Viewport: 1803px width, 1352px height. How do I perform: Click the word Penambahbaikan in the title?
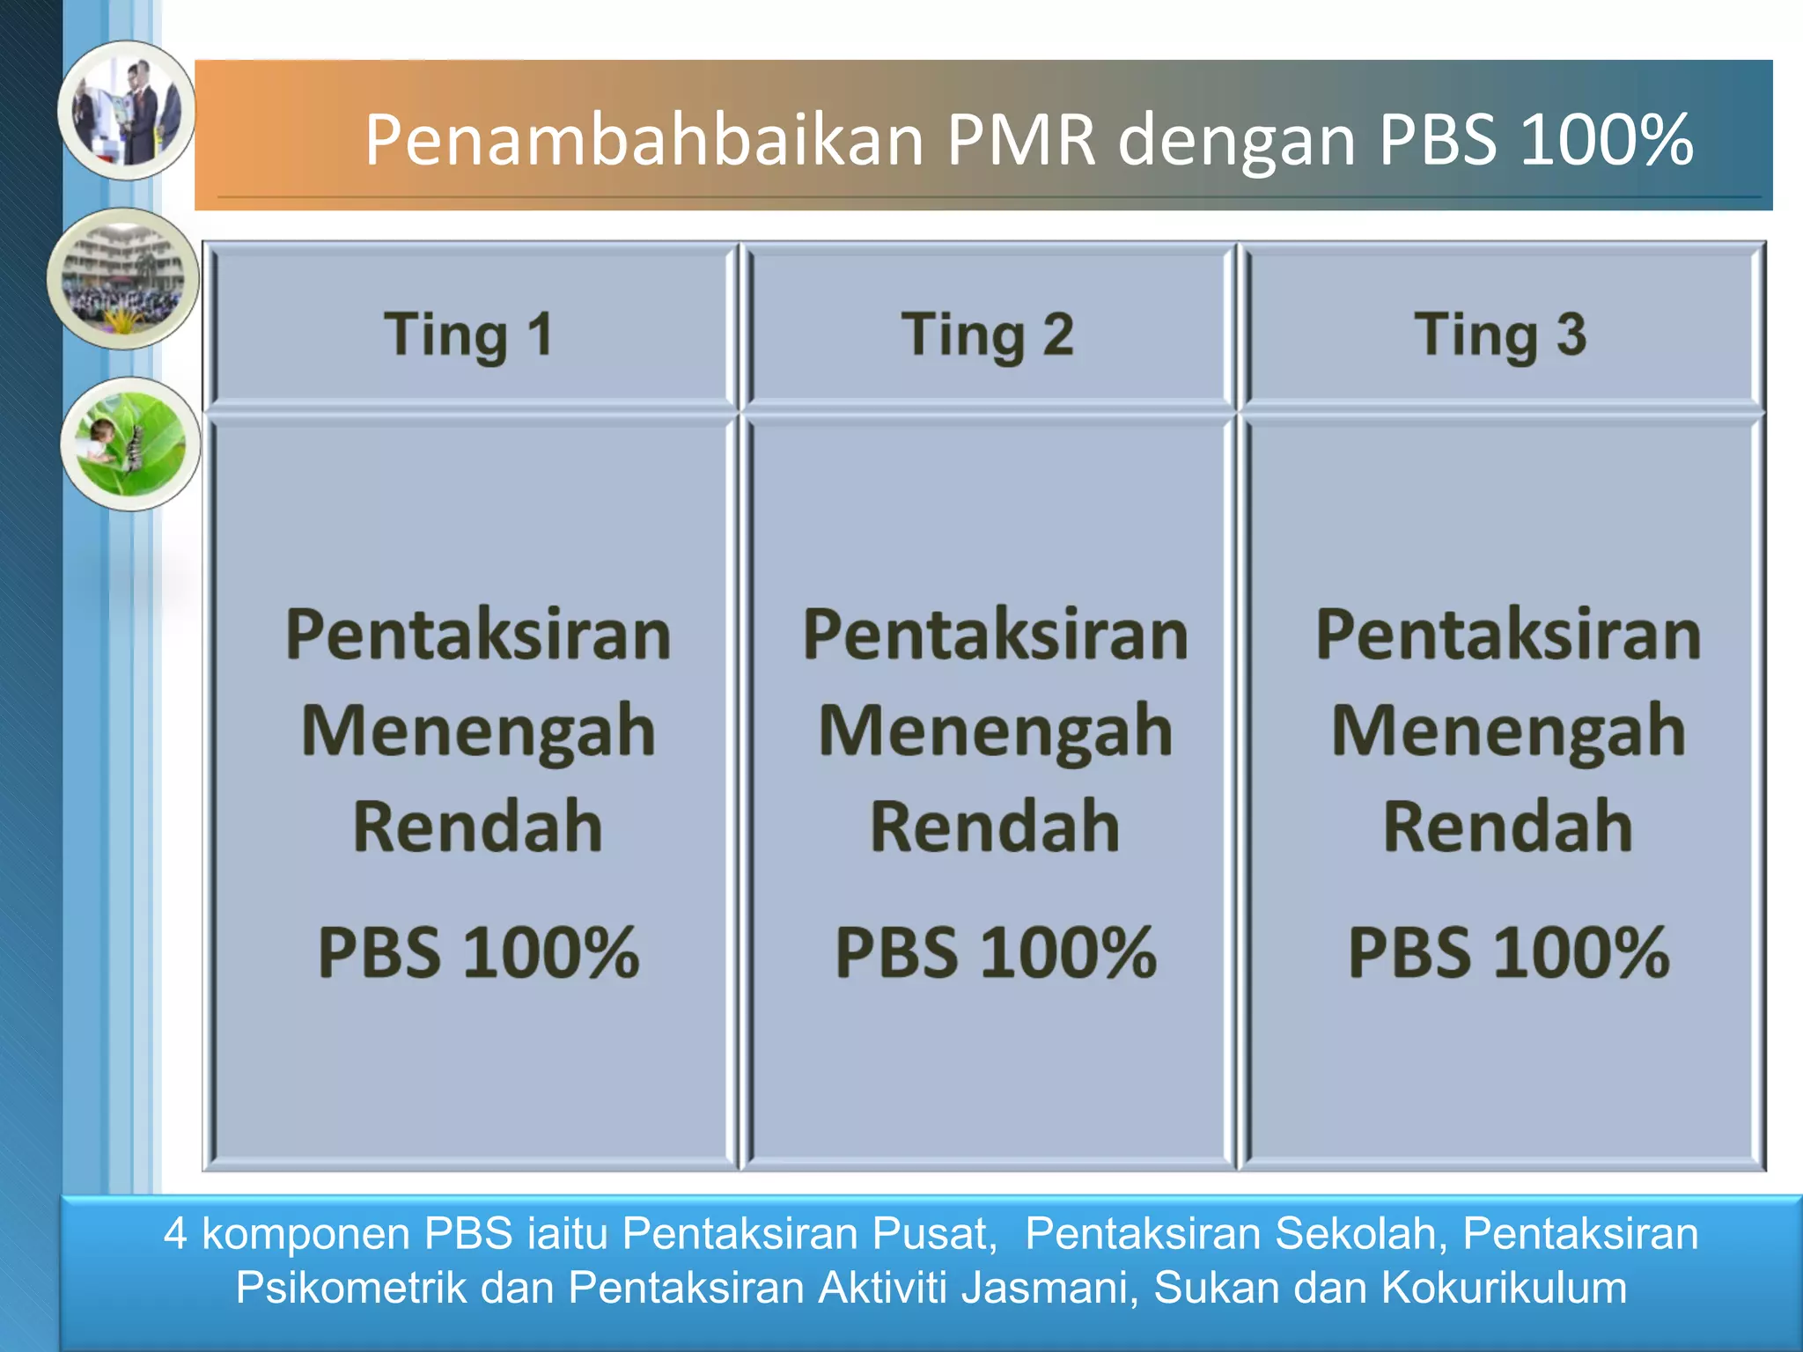click(644, 140)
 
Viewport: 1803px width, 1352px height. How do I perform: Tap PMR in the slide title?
click(1021, 140)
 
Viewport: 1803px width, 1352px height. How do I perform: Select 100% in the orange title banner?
click(1606, 140)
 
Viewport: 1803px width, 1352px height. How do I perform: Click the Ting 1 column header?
click(468, 335)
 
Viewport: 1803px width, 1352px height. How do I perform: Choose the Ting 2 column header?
click(988, 335)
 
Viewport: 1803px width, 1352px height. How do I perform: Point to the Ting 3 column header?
click(1500, 335)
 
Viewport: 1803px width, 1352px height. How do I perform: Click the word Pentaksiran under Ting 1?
click(478, 635)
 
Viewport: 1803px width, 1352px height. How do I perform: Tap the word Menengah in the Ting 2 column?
click(995, 731)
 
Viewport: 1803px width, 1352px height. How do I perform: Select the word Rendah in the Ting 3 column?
click(1507, 827)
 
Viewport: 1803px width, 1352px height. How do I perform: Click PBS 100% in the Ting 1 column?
click(478, 952)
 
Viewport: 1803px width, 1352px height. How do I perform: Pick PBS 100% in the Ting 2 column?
click(995, 952)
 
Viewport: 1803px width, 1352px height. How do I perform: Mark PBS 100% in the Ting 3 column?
click(1507, 952)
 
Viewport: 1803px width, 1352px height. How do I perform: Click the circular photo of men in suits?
click(128, 111)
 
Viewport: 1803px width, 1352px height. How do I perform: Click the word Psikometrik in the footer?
click(350, 1288)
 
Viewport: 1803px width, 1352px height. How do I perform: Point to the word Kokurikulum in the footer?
click(1504, 1288)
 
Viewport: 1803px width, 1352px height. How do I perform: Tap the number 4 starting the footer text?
click(175, 1233)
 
